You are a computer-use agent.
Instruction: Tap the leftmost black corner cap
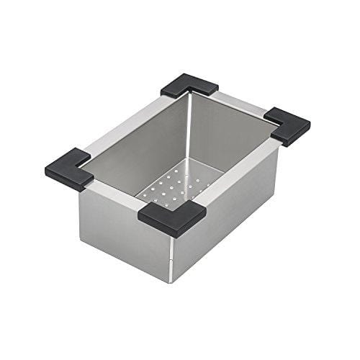coord(68,168)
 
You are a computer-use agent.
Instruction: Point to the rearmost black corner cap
coord(189,87)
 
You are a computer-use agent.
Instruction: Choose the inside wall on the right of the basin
coord(230,144)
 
